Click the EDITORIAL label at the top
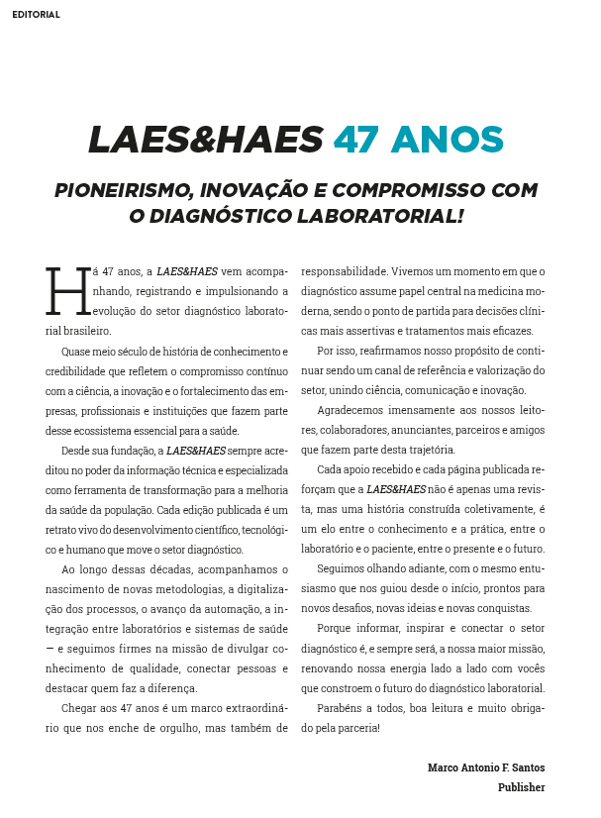tap(36, 15)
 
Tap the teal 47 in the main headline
tap(355, 141)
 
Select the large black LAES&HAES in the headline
tap(206, 141)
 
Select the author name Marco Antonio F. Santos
tap(485, 767)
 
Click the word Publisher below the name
tap(521, 787)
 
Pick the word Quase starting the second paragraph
tap(77, 351)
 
